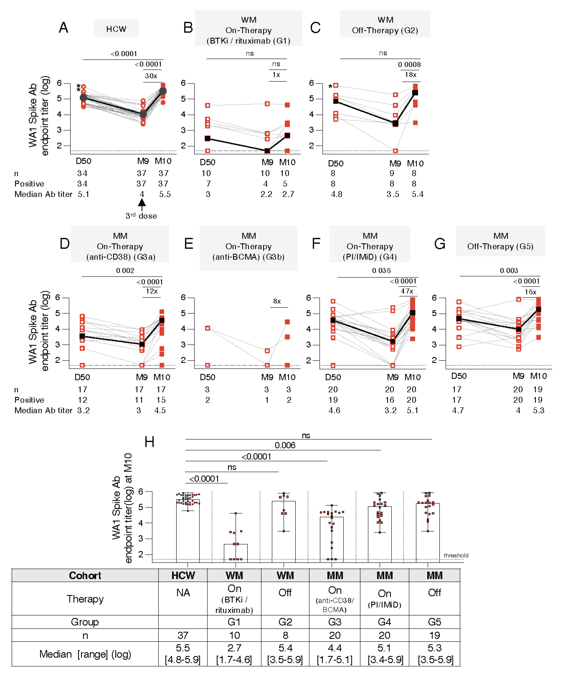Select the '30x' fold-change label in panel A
click(x=151, y=76)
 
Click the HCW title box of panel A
click(x=116, y=29)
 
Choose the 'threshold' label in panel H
click(x=456, y=555)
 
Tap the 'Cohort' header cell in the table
click(x=85, y=575)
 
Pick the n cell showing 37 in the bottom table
click(x=183, y=635)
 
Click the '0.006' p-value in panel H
click(x=285, y=445)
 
